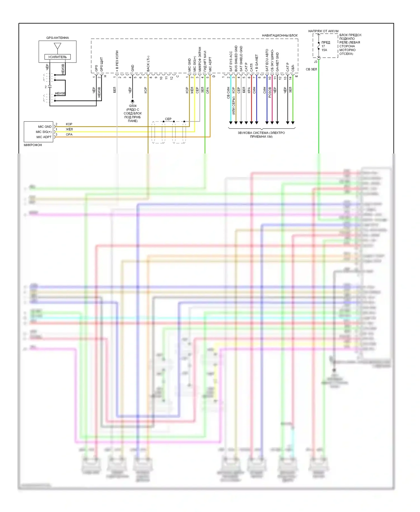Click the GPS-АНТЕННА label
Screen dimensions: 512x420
tap(57, 38)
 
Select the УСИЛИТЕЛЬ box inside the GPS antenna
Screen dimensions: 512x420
tap(57, 57)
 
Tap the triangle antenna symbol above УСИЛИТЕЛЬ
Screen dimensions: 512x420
tap(57, 46)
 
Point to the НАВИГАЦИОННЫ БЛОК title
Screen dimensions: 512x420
tap(279, 36)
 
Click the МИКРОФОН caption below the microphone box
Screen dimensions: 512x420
tap(33, 145)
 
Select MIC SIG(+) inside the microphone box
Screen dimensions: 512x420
tap(44, 132)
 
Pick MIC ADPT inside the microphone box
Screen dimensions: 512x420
tap(44, 137)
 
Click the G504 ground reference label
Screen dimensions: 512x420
tap(132, 106)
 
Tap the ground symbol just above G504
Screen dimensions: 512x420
tap(132, 101)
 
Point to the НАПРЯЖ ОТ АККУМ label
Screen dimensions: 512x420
tap(323, 31)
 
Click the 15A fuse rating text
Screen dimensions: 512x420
tap(324, 50)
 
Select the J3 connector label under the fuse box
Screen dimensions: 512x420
tap(315, 62)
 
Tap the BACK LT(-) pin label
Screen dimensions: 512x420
tap(148, 63)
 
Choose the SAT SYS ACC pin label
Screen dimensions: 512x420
tap(231, 61)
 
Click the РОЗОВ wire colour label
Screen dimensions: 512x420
tap(270, 92)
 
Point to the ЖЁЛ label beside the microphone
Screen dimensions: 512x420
tap(69, 129)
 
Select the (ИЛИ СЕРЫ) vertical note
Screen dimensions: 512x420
tap(233, 106)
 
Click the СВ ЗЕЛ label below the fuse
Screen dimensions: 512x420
tap(311, 69)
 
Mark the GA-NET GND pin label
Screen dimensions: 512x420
tap(277, 62)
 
